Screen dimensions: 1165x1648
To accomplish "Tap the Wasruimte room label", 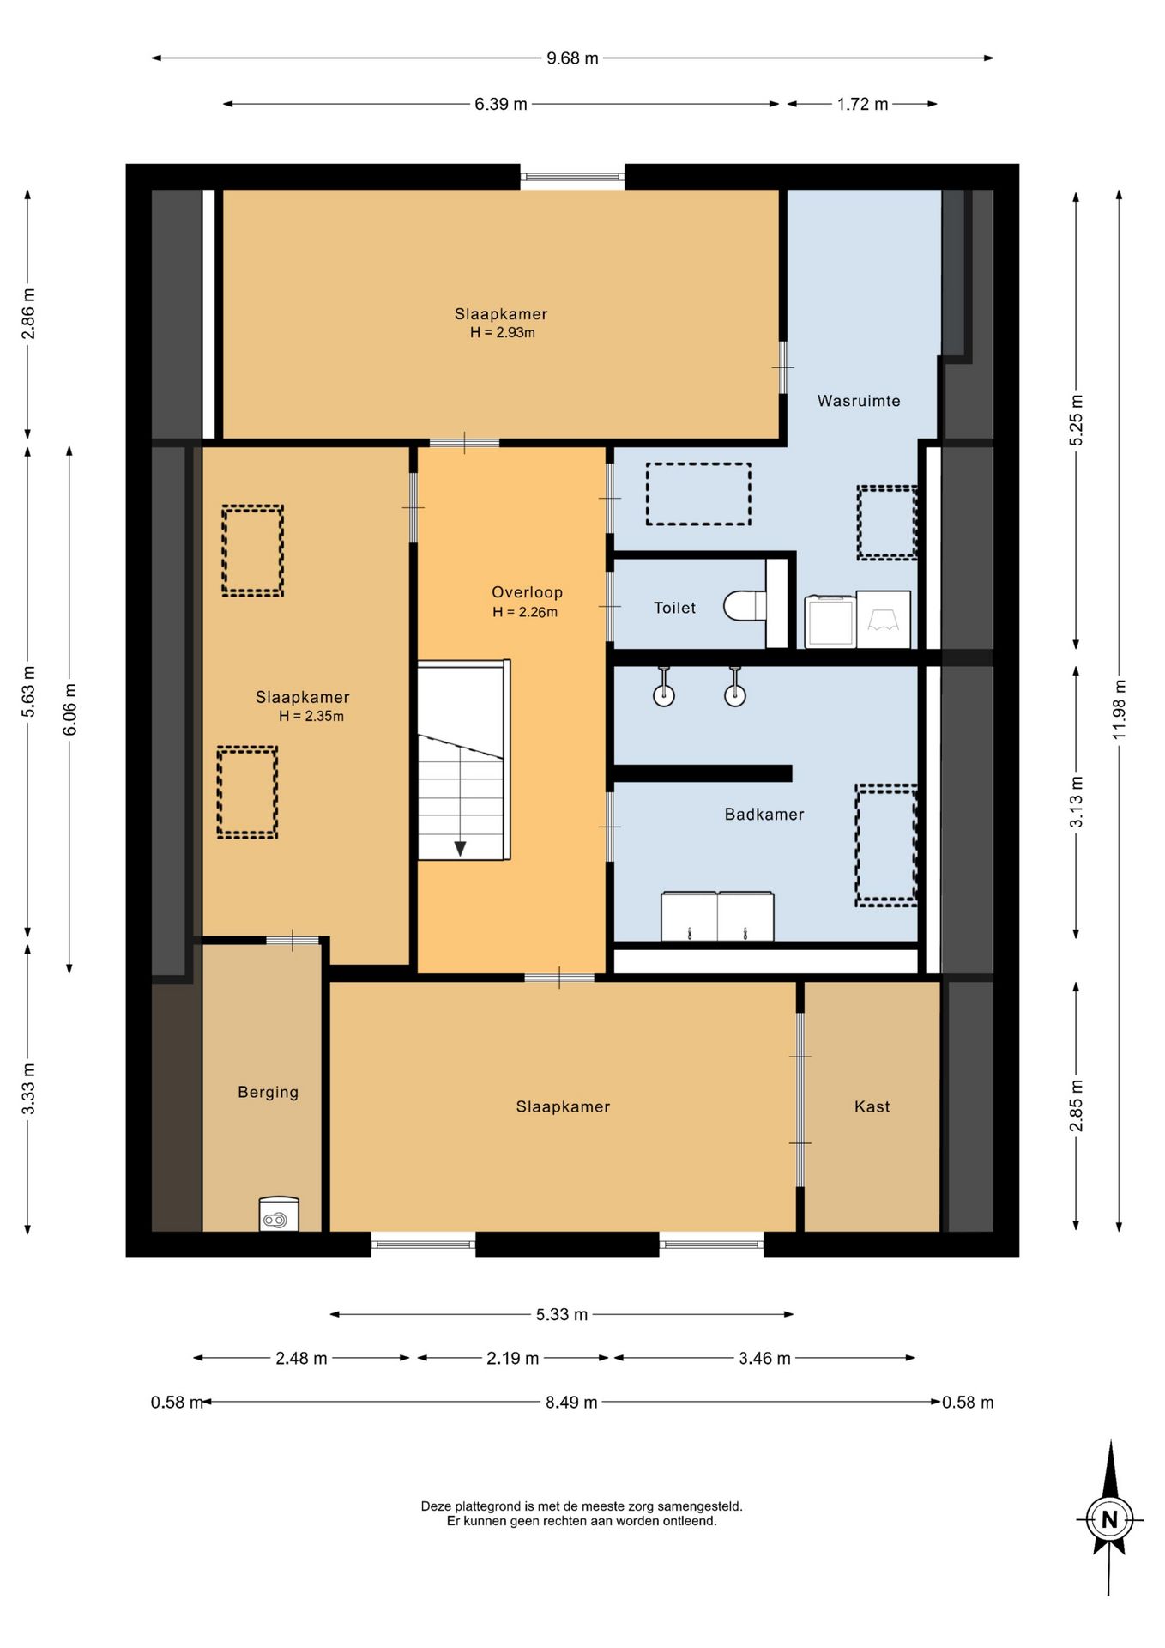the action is click(859, 401).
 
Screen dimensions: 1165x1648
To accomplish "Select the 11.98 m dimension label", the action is click(1119, 709).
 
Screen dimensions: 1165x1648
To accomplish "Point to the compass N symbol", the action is click(1109, 1519).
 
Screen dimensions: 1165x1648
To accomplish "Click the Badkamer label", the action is click(764, 815).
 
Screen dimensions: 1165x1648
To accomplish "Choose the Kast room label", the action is click(872, 1106).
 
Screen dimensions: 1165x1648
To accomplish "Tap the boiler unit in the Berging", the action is click(279, 1214).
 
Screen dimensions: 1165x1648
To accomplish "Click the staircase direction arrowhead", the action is click(460, 849).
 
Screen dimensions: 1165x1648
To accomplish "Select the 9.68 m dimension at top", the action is click(572, 58).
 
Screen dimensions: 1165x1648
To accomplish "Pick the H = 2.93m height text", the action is click(502, 333).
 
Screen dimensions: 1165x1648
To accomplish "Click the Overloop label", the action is click(527, 592).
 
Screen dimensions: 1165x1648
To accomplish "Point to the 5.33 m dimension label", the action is click(562, 1314).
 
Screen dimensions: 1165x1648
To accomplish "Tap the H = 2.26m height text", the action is click(525, 612).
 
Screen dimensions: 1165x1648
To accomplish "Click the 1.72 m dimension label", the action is click(863, 104).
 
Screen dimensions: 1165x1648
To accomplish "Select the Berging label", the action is click(269, 1092).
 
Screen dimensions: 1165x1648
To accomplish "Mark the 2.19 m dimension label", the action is click(513, 1358).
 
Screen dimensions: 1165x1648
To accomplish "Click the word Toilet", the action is click(675, 608).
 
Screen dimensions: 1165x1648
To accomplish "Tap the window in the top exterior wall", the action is click(572, 177).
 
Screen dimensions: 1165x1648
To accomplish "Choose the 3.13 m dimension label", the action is click(1076, 802).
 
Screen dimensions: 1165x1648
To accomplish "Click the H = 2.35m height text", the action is click(311, 716).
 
